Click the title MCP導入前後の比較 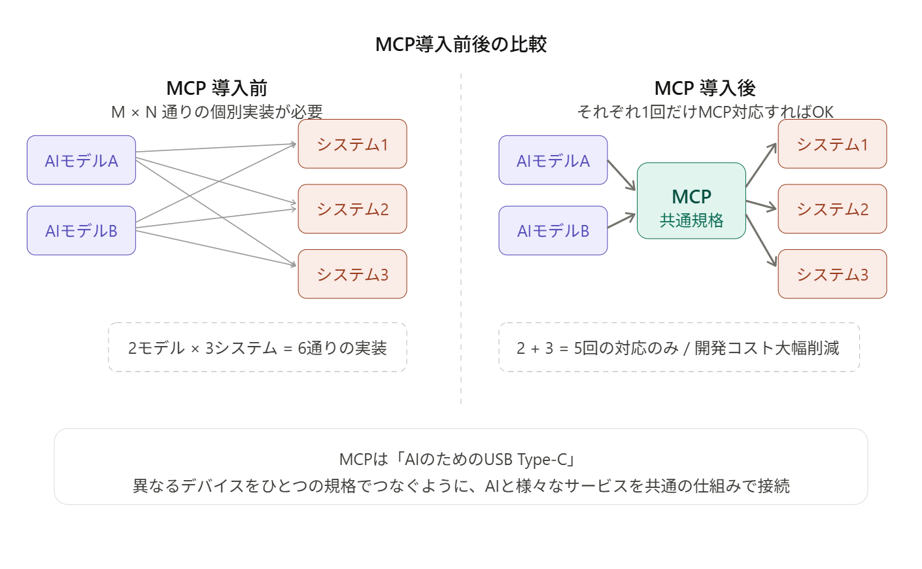point(461,44)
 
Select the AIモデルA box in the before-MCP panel point(81,160)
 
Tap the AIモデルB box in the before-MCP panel point(81,231)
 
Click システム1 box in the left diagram point(352,144)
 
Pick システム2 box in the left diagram point(352,209)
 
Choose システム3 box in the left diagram point(352,274)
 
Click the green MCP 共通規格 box point(691,201)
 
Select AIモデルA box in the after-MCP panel point(553,160)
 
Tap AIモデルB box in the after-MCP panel point(553,231)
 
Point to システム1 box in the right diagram point(832,144)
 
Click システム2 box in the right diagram point(832,209)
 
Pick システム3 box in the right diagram point(832,274)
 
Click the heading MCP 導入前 point(217,88)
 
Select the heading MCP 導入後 point(705,88)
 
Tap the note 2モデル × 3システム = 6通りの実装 point(258,348)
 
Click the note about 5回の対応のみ point(678,348)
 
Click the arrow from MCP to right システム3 point(761,240)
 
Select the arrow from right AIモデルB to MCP point(622,220)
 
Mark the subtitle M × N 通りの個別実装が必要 point(217,112)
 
